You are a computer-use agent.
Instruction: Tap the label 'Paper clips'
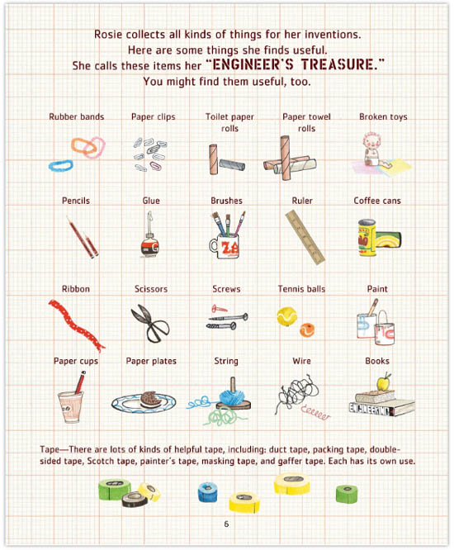pyautogui.click(x=154, y=116)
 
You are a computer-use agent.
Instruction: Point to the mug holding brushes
pyautogui.click(x=225, y=245)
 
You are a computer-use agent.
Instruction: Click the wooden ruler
pyautogui.click(x=305, y=237)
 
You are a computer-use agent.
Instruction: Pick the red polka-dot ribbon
pyautogui.click(x=77, y=325)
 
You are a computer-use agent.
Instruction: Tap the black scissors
pyautogui.click(x=150, y=324)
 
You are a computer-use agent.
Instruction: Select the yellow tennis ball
pyautogui.click(x=286, y=316)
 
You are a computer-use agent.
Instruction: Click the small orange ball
pyautogui.click(x=307, y=330)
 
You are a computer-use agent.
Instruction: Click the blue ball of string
pyautogui.click(x=231, y=396)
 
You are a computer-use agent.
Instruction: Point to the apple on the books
pyautogui.click(x=384, y=382)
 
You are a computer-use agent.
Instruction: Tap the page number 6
pyautogui.click(x=226, y=524)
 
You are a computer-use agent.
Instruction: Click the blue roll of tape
pyautogui.click(x=207, y=491)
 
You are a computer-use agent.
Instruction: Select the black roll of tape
pyautogui.click(x=135, y=500)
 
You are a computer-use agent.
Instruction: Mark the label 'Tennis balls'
pyautogui.click(x=301, y=289)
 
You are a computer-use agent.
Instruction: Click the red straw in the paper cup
pyautogui.click(x=80, y=382)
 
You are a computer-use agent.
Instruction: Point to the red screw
pyautogui.click(x=219, y=309)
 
